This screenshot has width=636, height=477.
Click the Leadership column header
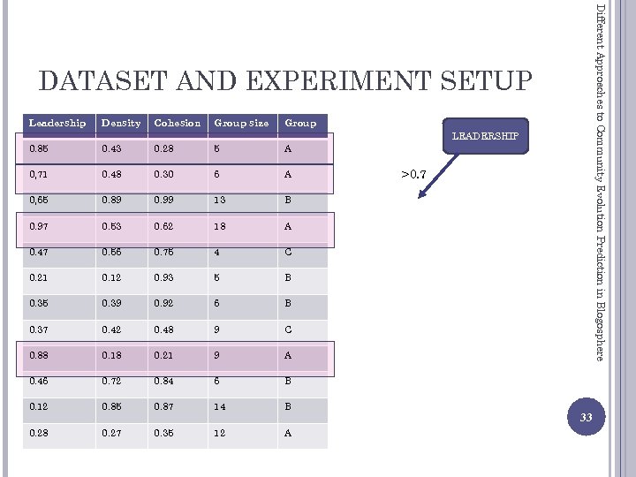tap(58, 123)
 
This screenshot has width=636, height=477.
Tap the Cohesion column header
tap(178, 123)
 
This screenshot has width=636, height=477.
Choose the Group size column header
tap(241, 123)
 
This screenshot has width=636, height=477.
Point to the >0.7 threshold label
tap(413, 175)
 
